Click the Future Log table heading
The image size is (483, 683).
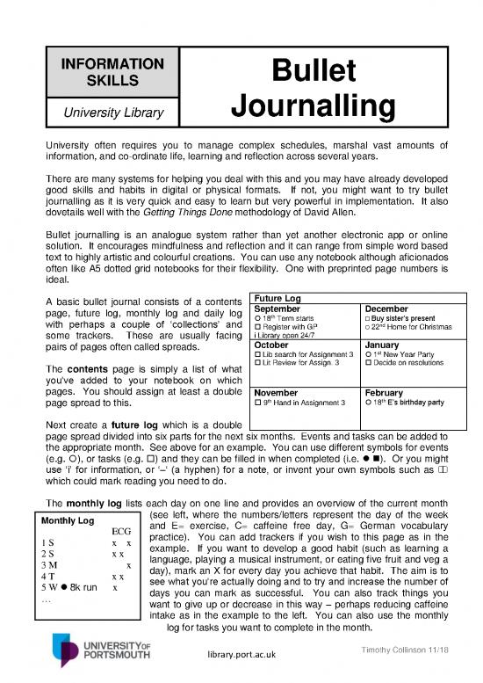click(x=278, y=299)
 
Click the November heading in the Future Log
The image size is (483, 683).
click(x=278, y=393)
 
